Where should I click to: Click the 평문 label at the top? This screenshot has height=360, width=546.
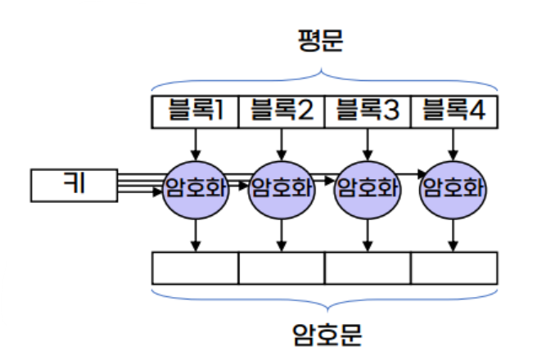[323, 41]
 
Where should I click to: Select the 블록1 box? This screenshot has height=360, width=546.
[195, 111]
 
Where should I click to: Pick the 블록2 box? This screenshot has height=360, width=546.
[282, 111]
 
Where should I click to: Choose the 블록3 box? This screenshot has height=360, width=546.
[368, 111]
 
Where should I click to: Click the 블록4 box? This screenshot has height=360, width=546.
[454, 111]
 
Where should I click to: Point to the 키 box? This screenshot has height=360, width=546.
[73, 185]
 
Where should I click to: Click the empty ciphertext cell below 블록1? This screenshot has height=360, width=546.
[195, 268]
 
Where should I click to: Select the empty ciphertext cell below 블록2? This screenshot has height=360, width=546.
[282, 268]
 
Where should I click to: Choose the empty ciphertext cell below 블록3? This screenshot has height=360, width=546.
[368, 268]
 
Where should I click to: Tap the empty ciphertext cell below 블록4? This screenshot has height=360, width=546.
[454, 268]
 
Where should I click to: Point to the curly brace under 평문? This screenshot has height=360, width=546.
[324, 80]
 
